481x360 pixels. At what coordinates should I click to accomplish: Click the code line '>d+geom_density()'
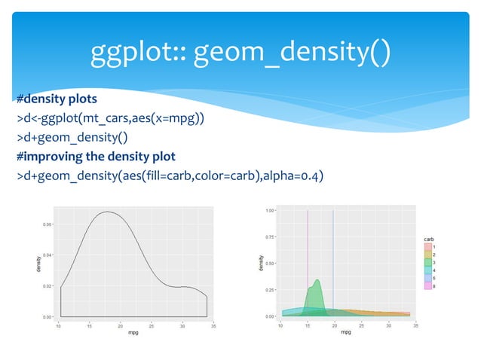72,138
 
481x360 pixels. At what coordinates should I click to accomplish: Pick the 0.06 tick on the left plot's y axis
47,224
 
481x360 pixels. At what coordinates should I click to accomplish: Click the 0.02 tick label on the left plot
47,286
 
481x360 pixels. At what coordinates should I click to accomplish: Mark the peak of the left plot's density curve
107,212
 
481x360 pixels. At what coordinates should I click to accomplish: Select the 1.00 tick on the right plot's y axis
268,211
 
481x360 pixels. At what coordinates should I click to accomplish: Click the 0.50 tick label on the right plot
268,264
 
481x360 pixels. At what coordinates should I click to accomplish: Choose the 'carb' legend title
428,239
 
